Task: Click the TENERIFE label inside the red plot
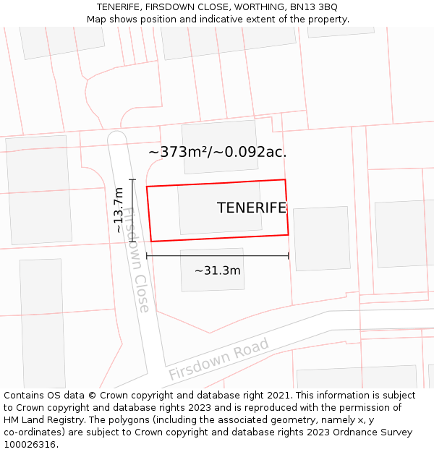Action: [251, 208]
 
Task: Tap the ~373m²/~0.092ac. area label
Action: [217, 152]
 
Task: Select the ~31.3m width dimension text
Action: [217, 270]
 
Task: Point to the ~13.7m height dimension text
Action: [119, 210]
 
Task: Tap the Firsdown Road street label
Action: [218, 359]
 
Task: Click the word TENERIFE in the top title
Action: [121, 7]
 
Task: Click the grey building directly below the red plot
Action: [212, 269]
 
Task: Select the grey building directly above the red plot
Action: [220, 147]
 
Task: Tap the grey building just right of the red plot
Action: [321, 238]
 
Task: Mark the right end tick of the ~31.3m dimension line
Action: [288, 255]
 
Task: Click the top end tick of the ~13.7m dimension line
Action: [132, 179]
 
